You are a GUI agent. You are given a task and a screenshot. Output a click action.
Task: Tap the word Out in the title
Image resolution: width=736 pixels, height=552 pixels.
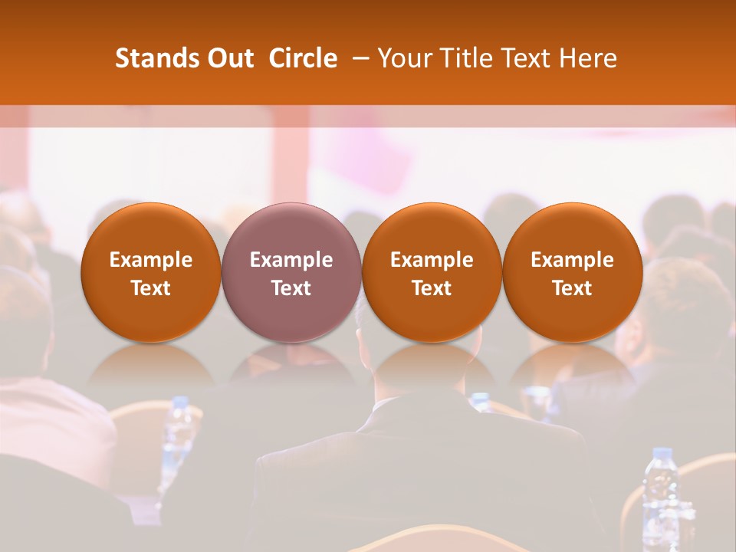click(x=228, y=58)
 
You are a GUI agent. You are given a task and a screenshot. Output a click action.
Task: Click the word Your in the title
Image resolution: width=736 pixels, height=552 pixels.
click(x=402, y=58)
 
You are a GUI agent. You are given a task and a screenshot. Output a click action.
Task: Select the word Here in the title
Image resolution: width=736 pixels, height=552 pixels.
click(x=588, y=58)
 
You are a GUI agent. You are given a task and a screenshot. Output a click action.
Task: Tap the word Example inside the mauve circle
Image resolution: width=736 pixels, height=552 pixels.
click(x=291, y=260)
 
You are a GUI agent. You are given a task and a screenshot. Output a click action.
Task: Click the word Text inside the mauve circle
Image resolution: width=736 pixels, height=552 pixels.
click(x=291, y=288)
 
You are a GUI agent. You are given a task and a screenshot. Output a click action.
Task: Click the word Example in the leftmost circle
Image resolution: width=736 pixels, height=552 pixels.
click(x=151, y=260)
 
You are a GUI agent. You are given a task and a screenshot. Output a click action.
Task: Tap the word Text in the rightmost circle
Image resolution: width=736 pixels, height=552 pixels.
click(x=573, y=288)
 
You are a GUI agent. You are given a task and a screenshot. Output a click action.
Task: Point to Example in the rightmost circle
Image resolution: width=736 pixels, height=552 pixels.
click(x=573, y=260)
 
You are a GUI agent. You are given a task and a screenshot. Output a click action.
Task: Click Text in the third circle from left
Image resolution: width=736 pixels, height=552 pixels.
click(x=432, y=288)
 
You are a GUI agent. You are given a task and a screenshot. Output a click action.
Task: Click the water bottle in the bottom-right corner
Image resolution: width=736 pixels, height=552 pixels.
click(x=660, y=491)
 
